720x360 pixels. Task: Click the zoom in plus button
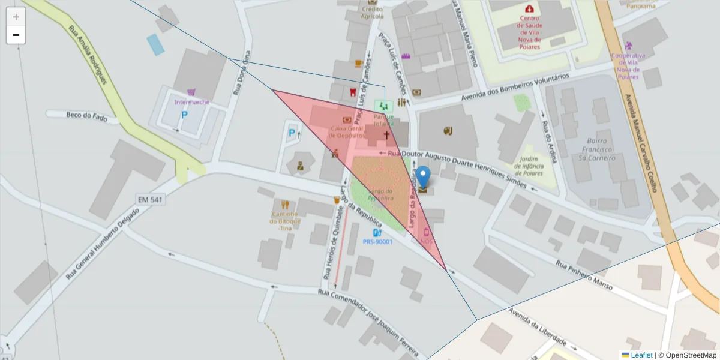(x=16, y=17)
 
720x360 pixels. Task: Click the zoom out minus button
(x=16, y=35)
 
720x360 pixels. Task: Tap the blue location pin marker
(x=424, y=178)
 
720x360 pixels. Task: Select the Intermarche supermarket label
(x=191, y=102)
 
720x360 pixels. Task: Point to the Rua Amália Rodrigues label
(x=88, y=54)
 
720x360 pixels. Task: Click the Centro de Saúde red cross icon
(x=529, y=9)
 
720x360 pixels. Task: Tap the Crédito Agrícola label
(x=372, y=13)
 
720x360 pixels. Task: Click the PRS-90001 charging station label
(x=377, y=242)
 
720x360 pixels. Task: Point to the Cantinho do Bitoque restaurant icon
(x=285, y=204)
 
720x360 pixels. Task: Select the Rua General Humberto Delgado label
(x=103, y=244)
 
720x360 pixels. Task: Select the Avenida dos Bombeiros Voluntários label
(x=514, y=88)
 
